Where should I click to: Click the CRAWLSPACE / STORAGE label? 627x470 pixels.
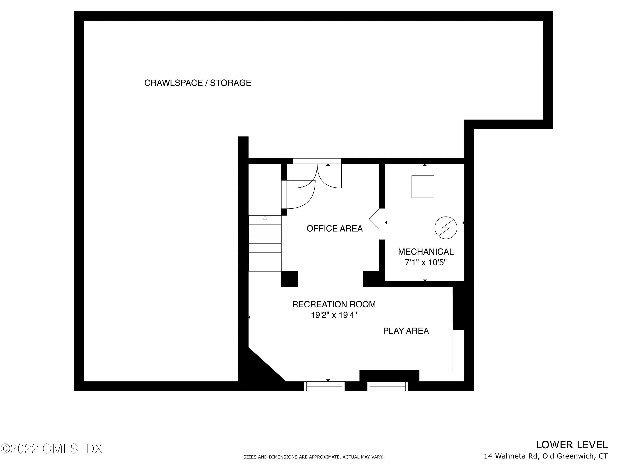[198, 83]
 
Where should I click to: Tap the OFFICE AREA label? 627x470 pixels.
[334, 228]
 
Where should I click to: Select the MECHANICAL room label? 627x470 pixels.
[426, 252]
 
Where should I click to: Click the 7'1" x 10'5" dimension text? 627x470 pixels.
[426, 262]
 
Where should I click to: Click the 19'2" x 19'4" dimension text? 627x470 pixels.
[334, 315]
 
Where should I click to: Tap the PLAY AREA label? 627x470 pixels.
[406, 331]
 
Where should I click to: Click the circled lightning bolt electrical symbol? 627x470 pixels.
[446, 228]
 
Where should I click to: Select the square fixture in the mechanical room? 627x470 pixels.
[423, 187]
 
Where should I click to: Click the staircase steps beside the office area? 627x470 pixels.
[265, 248]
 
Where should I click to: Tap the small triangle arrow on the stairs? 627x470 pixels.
[265, 218]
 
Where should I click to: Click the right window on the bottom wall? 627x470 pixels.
[387, 386]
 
